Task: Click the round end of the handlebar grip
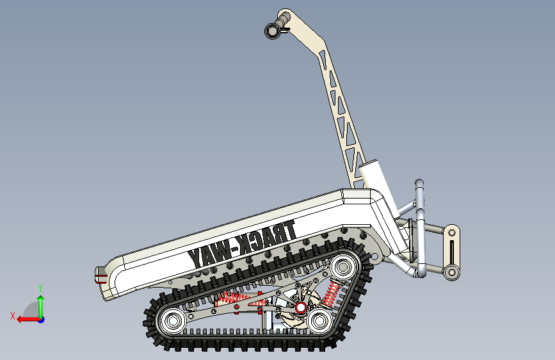click(273, 31)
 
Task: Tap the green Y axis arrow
click(41, 306)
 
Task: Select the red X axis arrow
click(29, 320)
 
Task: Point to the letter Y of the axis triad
click(40, 288)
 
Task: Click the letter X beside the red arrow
click(13, 316)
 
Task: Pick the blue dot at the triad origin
click(42, 320)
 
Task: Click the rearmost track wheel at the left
click(173, 321)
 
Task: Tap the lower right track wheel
click(319, 321)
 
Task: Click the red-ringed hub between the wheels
click(300, 308)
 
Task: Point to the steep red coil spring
click(331, 293)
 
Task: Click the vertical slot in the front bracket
click(452, 252)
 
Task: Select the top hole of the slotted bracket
click(452, 233)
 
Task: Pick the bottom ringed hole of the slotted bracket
click(451, 272)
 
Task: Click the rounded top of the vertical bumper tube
click(419, 184)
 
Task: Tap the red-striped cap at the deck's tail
click(100, 275)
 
